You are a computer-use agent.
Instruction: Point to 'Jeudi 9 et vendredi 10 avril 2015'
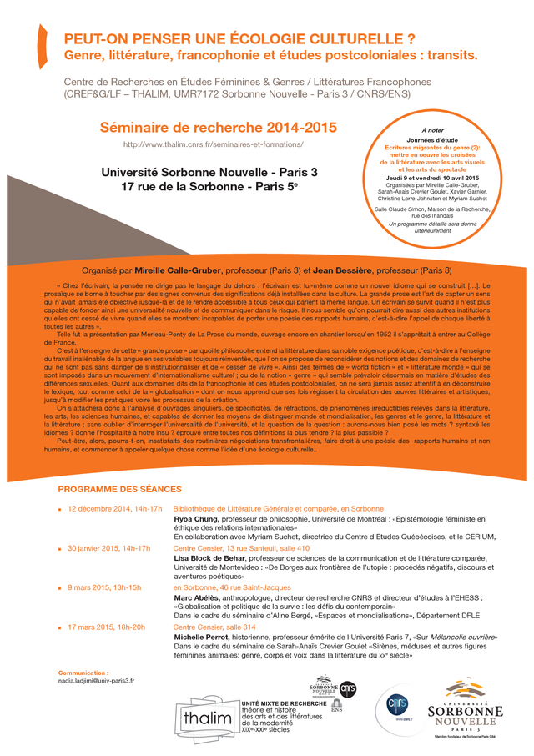pos(432,177)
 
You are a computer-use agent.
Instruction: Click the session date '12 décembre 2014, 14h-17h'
pos(115,508)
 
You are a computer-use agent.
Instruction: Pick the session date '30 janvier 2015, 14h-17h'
pos(108,548)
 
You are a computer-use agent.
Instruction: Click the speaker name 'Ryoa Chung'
pos(198,518)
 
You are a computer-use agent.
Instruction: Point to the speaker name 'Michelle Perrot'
pos(204,637)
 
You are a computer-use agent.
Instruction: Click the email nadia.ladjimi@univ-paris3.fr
pos(96,680)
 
